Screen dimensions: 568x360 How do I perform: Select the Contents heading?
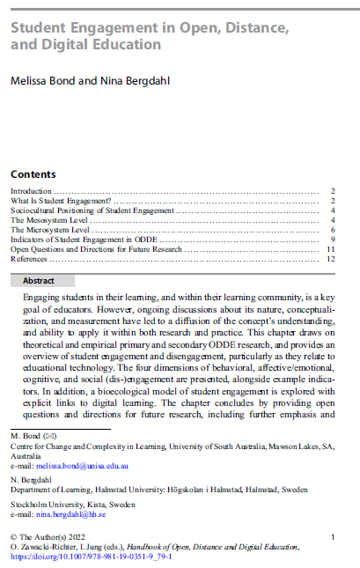[x=33, y=174]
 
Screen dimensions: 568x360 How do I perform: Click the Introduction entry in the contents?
[x=31, y=190]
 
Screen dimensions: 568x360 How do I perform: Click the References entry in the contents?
[x=29, y=259]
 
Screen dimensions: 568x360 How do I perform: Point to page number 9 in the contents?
[x=333, y=240]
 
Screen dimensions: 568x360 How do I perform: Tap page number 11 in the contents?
[x=330, y=249]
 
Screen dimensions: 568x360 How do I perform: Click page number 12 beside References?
[x=330, y=259]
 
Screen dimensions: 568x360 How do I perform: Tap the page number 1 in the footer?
[x=332, y=535]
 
